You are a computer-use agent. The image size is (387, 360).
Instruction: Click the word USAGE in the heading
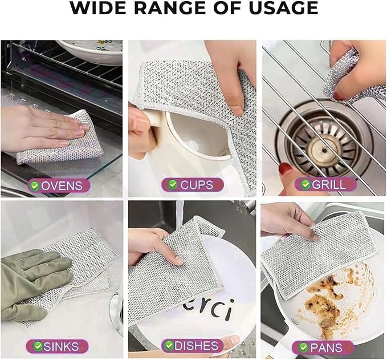point(283,8)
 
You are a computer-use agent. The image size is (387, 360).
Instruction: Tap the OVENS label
point(59,186)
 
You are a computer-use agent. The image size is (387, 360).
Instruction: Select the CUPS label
point(193,185)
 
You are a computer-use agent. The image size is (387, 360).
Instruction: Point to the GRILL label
point(326,185)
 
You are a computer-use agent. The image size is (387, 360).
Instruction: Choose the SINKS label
point(57,346)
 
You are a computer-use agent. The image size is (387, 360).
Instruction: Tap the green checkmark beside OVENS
point(35,186)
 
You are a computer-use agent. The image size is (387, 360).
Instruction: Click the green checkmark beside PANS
point(303,348)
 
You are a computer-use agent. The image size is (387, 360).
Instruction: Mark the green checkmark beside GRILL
point(305,185)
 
